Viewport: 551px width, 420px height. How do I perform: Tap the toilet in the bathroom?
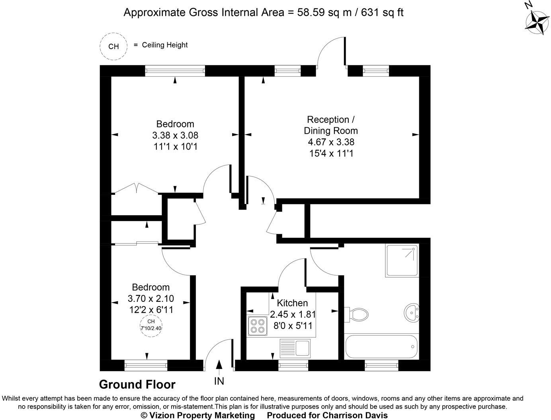click(358, 314)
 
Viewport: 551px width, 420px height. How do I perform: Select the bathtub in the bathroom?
click(381, 346)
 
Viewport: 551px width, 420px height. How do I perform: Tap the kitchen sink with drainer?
click(295, 348)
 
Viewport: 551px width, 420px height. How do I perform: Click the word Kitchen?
click(292, 303)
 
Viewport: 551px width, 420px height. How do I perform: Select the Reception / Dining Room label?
click(331, 125)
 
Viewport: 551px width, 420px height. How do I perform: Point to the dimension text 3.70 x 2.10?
click(150, 298)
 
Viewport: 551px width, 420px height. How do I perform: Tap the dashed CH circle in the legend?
click(113, 47)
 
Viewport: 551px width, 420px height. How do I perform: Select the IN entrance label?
click(219, 381)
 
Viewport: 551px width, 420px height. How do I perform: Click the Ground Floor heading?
click(137, 385)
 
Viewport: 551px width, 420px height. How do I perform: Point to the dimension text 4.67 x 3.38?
click(331, 142)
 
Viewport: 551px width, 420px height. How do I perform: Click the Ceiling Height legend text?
click(165, 45)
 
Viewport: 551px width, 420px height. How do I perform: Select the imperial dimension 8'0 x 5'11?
click(293, 326)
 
